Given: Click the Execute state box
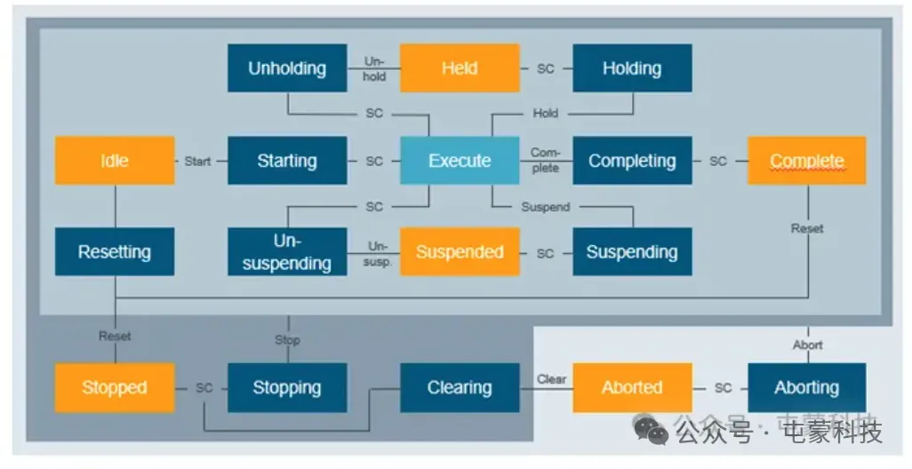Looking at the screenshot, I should [460, 161].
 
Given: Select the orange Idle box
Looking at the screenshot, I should [115, 161].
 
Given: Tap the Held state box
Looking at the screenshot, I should [460, 68].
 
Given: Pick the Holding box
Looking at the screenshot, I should [632, 68].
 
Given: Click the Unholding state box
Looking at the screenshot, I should [287, 68].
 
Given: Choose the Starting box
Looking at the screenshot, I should [287, 161].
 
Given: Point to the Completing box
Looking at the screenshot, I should [632, 161].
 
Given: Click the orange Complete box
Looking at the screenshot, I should [806, 161].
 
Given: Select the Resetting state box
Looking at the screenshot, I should [115, 251].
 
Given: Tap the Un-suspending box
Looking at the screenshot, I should [287, 251].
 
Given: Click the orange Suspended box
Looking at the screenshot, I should [460, 251].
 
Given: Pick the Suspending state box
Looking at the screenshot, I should [632, 251].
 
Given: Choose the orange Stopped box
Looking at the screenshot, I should [115, 387].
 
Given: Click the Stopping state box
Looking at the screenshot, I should [287, 387].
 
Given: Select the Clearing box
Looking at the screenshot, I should [460, 387].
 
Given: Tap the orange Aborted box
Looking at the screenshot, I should [632, 387].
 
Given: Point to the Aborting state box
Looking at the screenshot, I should [806, 387].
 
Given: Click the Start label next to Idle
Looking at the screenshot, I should [197, 161].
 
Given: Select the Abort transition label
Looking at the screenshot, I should [807, 345].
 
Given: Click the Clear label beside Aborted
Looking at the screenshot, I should [551, 379].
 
